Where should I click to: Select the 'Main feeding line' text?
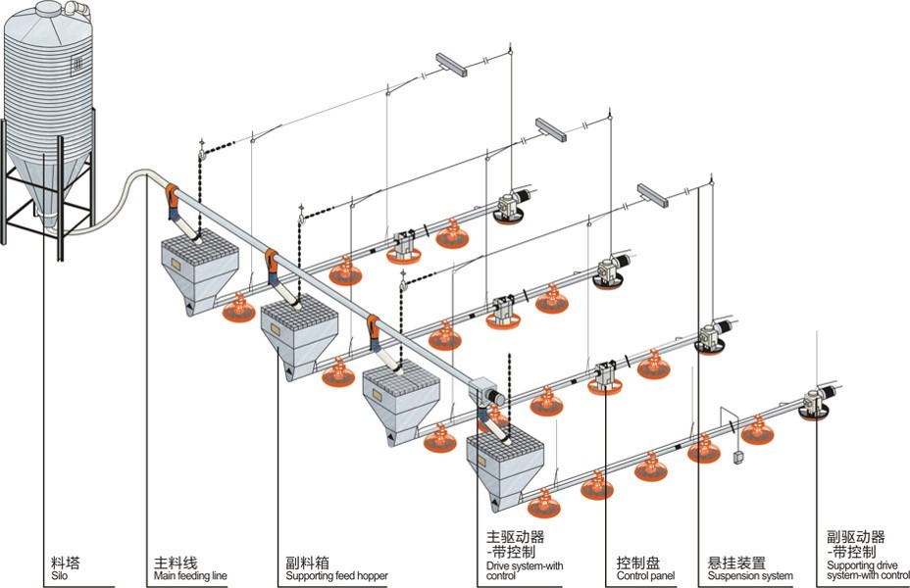[x=190, y=576]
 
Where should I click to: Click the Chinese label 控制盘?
[x=637, y=563]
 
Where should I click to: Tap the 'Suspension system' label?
[x=750, y=576]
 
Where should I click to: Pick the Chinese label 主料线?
[x=176, y=563]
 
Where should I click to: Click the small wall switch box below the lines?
[x=738, y=456]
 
